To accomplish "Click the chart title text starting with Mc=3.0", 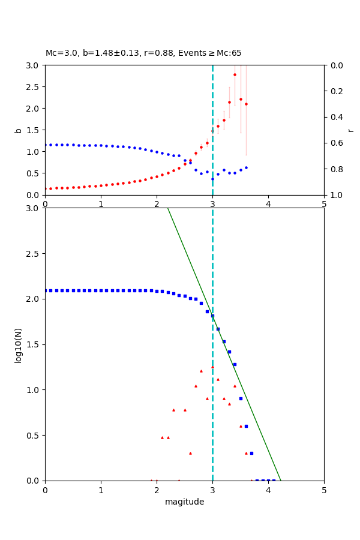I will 143,53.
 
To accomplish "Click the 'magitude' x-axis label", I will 184,502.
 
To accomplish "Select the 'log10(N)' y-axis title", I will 18,344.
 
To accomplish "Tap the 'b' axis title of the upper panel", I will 18,130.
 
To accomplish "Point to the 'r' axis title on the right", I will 351,130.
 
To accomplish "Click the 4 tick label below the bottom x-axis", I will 268,490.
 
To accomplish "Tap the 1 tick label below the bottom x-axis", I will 101,490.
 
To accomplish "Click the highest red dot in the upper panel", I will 235,74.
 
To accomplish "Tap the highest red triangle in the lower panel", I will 212,367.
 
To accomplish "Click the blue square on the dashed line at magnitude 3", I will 212,316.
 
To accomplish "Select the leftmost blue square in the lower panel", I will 46,290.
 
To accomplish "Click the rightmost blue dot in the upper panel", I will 246,167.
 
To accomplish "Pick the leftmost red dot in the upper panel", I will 46,188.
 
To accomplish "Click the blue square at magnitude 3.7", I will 251,453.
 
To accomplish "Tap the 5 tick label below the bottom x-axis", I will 324,490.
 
